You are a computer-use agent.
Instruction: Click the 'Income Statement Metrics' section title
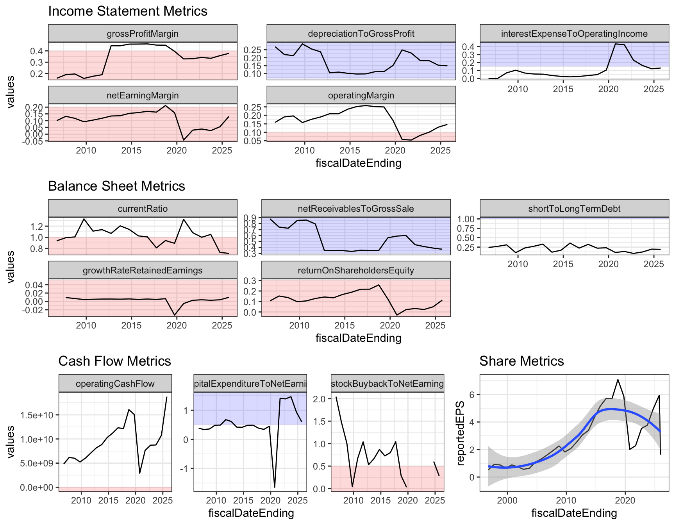coord(128,11)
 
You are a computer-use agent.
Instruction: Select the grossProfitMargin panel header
coord(143,34)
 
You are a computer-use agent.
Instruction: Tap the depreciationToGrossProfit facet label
coord(361,34)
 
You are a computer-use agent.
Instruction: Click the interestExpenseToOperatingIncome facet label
coord(574,34)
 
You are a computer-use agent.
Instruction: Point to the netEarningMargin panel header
coord(143,95)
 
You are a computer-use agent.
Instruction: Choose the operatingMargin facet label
coord(361,95)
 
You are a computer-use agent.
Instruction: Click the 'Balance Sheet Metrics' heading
coord(116,186)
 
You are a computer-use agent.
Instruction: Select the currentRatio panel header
coord(143,209)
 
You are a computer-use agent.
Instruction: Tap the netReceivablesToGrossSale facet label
coord(355,209)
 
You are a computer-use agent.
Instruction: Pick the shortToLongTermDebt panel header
coord(574,209)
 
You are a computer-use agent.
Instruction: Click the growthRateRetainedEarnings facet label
coord(143,270)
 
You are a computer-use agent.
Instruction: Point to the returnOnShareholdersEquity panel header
coord(355,270)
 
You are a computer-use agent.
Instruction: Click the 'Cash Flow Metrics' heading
coord(114,361)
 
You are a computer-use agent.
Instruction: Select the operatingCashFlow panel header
coord(115,384)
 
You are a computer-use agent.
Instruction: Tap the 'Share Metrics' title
coord(521,361)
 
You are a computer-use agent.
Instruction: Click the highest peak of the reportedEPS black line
coord(618,379)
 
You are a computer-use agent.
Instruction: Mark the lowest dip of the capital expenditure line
coord(275,487)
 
